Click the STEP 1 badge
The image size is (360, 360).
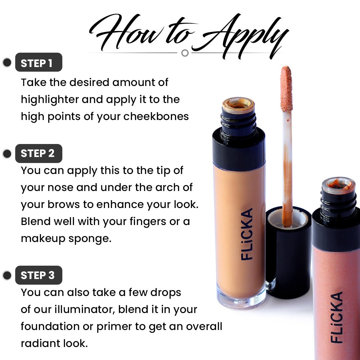tap(39, 62)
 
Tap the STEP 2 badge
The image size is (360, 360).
tap(39, 153)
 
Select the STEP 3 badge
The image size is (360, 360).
tap(39, 275)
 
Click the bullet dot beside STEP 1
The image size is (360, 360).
tap(7, 62)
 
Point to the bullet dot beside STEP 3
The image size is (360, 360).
tap(7, 275)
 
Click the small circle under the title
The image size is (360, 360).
tap(185, 53)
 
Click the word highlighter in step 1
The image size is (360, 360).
tap(50, 99)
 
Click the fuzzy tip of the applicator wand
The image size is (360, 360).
tap(286, 88)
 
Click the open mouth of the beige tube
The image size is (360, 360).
tap(238, 104)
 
